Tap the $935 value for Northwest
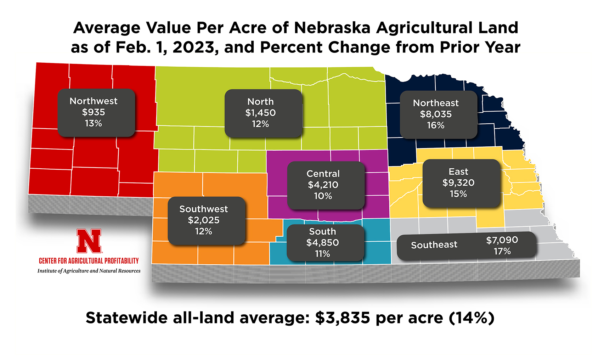coord(94,112)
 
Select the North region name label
coord(260,102)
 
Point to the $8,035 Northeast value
coord(436,114)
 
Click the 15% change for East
coord(458,194)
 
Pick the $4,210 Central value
coord(323,185)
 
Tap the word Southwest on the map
coord(203,209)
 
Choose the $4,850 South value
coord(322,242)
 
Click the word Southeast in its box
coord(434,245)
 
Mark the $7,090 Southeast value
coord(502,240)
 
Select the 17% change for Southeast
coord(502,251)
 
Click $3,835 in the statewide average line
coord(343,318)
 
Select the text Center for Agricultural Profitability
coord(89,261)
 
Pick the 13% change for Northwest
coord(94,123)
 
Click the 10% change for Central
coord(323,196)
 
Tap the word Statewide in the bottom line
coord(127,318)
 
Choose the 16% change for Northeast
coord(436,125)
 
